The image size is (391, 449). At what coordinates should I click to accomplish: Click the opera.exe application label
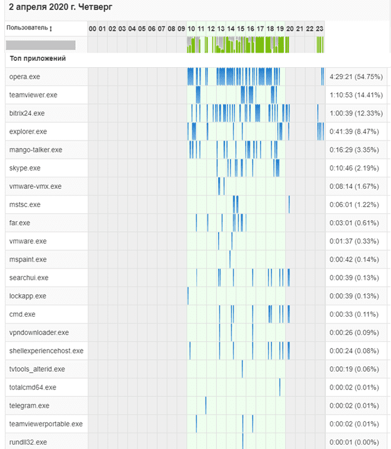(x=25, y=77)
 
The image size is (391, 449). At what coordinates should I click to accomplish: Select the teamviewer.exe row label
(x=33, y=95)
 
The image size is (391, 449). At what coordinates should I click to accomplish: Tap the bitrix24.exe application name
(x=28, y=114)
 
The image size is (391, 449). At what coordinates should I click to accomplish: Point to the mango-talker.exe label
(x=36, y=150)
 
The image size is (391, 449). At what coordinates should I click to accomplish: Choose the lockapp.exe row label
(x=28, y=296)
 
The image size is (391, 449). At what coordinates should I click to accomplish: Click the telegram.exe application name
(x=29, y=406)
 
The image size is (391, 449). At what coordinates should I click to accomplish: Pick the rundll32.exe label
(x=28, y=442)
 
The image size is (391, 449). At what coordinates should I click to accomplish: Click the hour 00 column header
(x=93, y=29)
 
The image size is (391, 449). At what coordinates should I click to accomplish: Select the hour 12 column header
(x=211, y=29)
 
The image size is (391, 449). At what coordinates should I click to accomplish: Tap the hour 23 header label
(x=320, y=29)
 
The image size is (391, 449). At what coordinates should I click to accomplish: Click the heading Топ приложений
(x=38, y=58)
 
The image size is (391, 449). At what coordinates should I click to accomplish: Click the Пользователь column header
(x=27, y=28)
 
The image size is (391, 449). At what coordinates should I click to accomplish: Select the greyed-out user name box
(x=41, y=45)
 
